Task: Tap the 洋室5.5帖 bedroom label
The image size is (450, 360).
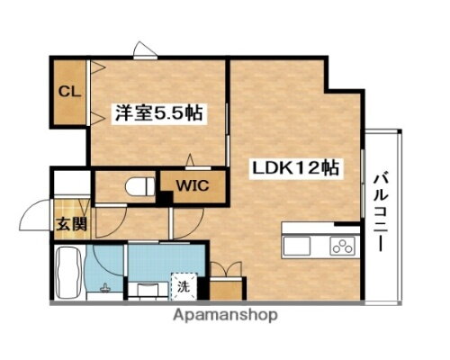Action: tap(157, 114)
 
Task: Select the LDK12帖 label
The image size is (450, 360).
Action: tap(295, 167)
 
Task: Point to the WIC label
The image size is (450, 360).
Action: tap(191, 188)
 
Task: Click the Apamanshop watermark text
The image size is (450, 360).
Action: tap(225, 316)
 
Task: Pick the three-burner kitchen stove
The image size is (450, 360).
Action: tap(342, 245)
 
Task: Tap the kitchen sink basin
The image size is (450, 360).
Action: tap(297, 245)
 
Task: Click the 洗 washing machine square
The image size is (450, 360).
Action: tap(183, 288)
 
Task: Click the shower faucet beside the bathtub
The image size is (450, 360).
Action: tap(106, 290)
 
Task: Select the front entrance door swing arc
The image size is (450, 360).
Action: tap(36, 219)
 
